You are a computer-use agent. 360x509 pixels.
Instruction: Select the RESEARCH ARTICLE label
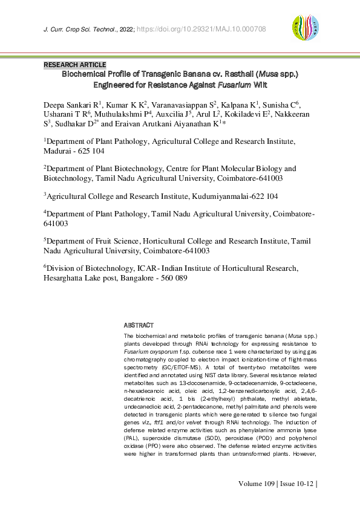tap(75, 65)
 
